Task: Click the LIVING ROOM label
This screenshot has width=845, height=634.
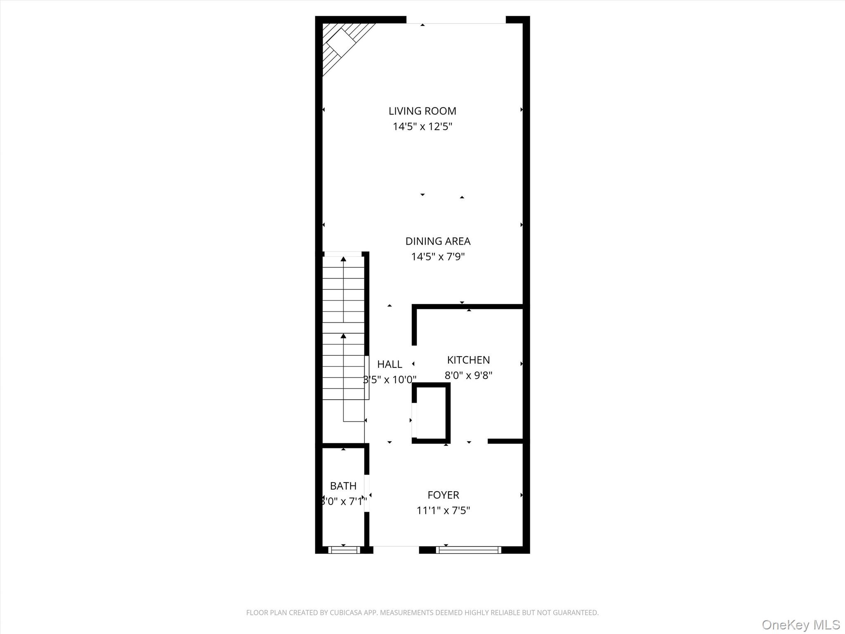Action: pos(422,111)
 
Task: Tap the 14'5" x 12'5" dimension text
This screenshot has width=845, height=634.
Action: pos(422,126)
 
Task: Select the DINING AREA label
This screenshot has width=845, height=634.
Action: pos(438,241)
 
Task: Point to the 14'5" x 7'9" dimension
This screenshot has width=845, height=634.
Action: pos(438,257)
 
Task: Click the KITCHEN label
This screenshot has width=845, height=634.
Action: pos(468,360)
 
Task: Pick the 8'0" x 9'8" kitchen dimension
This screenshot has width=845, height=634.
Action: pos(468,376)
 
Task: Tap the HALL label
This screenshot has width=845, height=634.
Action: pos(389,364)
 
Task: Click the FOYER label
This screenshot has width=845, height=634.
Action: pos(443,495)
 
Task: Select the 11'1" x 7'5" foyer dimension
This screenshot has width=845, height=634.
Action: pos(443,511)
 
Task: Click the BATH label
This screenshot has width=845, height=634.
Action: pos(343,486)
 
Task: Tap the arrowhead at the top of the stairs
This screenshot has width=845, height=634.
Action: pos(343,259)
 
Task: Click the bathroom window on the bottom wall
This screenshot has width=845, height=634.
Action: pos(344,550)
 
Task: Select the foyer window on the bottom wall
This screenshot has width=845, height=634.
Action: pos(468,550)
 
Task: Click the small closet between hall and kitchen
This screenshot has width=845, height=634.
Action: pos(431,413)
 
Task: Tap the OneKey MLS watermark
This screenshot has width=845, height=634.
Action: pos(800,625)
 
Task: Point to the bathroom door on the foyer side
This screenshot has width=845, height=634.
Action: pos(367,494)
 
